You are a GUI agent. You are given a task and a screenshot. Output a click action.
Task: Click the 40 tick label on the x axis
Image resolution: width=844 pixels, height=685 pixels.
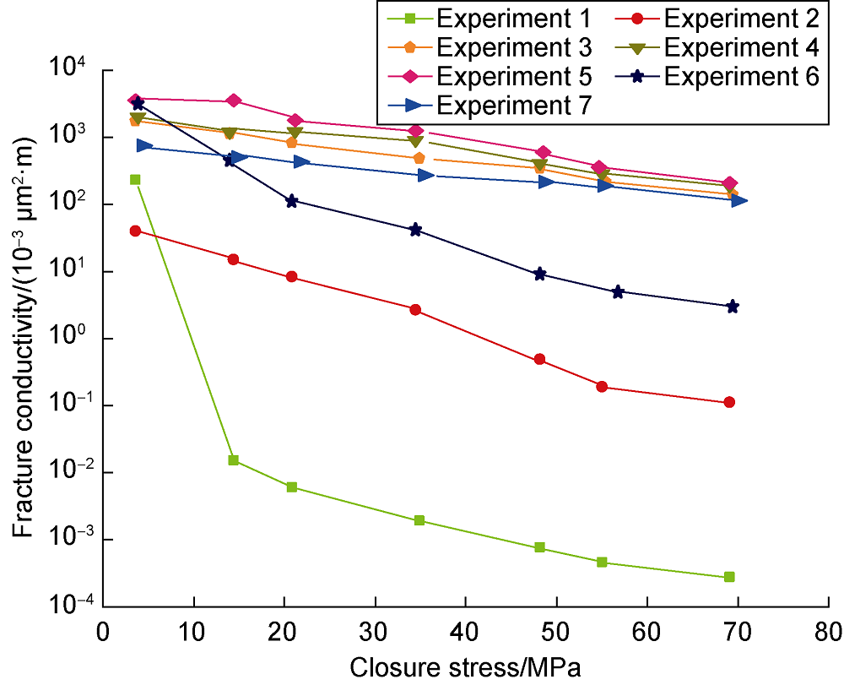point(466,632)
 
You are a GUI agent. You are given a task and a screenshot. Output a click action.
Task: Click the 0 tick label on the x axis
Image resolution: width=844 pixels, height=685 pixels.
point(104,632)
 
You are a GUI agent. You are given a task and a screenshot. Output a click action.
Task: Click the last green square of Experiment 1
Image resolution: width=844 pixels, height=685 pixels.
point(729,577)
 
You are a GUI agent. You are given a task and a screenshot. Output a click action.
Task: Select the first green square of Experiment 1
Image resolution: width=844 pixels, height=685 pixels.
point(135,179)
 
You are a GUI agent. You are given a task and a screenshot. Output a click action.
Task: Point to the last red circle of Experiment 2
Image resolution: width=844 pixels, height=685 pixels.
point(729,402)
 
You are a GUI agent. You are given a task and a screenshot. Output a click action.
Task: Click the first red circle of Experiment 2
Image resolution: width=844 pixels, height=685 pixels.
point(135,231)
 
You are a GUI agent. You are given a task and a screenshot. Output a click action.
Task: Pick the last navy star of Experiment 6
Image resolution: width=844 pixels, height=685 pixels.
point(732,306)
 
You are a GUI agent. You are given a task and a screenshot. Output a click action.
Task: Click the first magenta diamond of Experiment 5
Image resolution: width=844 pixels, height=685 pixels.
point(134,101)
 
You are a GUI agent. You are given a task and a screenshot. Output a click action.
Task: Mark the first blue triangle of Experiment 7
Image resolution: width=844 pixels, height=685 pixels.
point(144,145)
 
